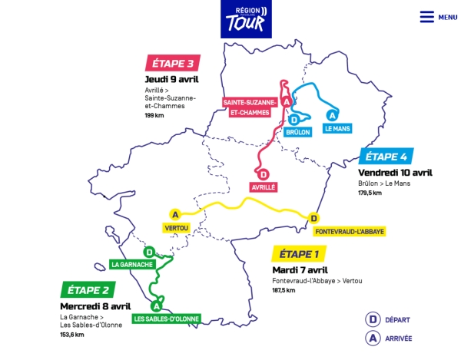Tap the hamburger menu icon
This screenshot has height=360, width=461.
click(x=426, y=17)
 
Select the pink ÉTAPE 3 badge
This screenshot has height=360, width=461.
click(x=174, y=63)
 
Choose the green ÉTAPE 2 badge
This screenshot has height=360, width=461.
click(x=88, y=289)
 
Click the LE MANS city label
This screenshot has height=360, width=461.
click(x=337, y=129)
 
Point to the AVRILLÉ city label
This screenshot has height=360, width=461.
click(x=263, y=187)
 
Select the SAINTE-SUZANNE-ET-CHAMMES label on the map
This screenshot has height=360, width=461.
click(x=247, y=107)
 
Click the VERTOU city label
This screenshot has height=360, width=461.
click(x=176, y=227)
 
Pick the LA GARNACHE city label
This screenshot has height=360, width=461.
click(x=134, y=264)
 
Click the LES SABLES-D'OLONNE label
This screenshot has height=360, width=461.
click(x=165, y=318)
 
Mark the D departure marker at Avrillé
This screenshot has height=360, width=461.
click(x=264, y=173)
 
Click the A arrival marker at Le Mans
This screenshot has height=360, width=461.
click(x=331, y=115)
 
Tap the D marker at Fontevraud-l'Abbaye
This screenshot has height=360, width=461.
click(x=313, y=218)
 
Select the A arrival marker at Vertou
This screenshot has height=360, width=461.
click(x=175, y=214)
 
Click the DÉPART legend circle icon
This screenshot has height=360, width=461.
click(x=373, y=319)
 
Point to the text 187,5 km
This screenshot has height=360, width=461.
click(x=284, y=291)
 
